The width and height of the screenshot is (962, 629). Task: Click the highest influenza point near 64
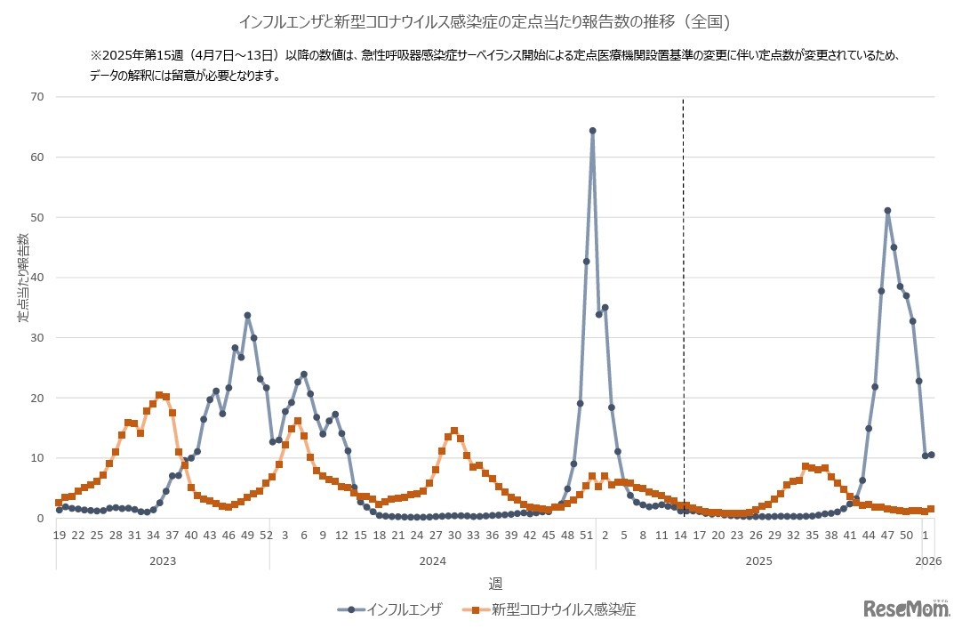click(592, 131)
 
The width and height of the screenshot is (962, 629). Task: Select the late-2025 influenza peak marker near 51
click(887, 211)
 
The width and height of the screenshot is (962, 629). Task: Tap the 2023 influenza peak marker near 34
click(247, 315)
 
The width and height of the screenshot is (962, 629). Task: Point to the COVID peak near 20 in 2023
click(159, 395)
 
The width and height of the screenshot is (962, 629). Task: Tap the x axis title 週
click(495, 583)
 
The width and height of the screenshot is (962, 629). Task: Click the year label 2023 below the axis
click(162, 561)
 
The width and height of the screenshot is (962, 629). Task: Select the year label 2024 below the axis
click(432, 561)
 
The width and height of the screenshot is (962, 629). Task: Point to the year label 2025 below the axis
click(758, 561)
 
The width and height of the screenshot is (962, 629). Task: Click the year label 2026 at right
click(928, 561)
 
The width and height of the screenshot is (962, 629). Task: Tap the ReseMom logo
click(906, 609)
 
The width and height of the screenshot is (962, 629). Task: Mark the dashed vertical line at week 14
click(683, 267)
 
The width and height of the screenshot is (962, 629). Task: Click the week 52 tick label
click(267, 536)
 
